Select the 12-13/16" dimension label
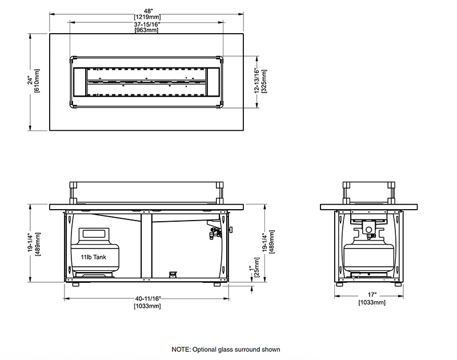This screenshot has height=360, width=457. (x=257, y=81)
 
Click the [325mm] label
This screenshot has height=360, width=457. (x=263, y=81)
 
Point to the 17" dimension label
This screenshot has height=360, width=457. (x=370, y=296)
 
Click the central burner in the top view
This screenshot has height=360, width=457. (x=147, y=81)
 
